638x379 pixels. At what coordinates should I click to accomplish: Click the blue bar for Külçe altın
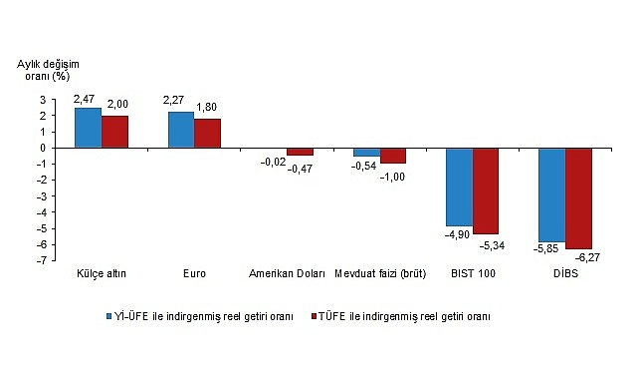[x=88, y=128]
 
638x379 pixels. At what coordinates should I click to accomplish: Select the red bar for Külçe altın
[x=114, y=132]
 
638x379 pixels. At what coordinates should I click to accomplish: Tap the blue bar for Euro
[x=180, y=130]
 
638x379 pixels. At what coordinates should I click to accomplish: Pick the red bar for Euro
[x=207, y=134]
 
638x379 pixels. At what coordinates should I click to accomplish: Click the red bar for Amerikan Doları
[x=300, y=152]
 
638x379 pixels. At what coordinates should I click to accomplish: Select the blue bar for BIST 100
[x=459, y=187]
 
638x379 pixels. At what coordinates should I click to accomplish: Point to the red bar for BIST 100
[x=486, y=190]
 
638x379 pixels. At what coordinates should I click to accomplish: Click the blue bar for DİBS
[x=551, y=194]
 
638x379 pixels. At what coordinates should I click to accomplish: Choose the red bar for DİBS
[x=578, y=197]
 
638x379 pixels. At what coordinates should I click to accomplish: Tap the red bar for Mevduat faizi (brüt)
[x=392, y=156]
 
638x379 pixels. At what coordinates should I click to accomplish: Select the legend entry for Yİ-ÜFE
[x=200, y=316]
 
